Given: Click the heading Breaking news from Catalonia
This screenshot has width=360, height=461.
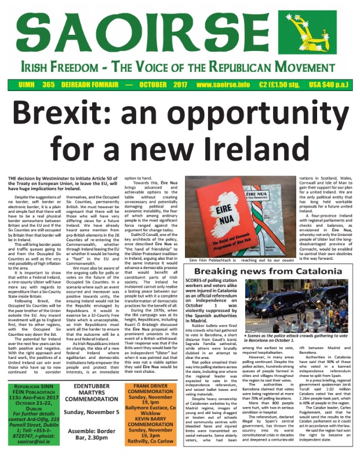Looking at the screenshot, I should [271, 270].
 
